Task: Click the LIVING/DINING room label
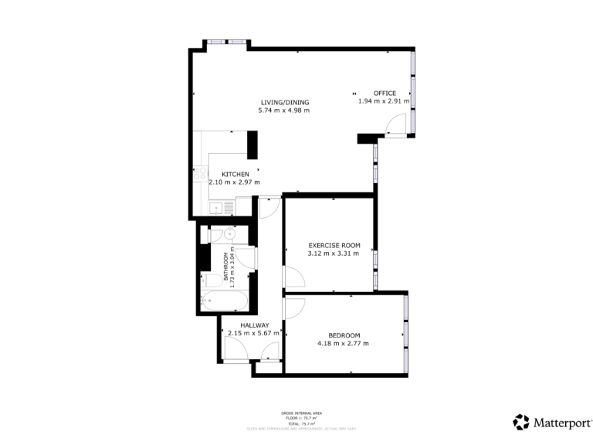(284, 102)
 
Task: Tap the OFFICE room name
(385, 93)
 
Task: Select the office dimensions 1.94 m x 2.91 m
(383, 101)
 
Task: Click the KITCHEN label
(235, 175)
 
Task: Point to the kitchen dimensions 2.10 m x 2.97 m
(234, 182)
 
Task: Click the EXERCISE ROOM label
(334, 246)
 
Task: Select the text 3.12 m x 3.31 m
(334, 253)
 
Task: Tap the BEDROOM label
(344, 335)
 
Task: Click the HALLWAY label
(254, 325)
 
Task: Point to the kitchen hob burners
(198, 175)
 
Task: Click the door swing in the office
(395, 124)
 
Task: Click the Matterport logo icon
(521, 422)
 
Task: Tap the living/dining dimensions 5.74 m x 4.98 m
(284, 110)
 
